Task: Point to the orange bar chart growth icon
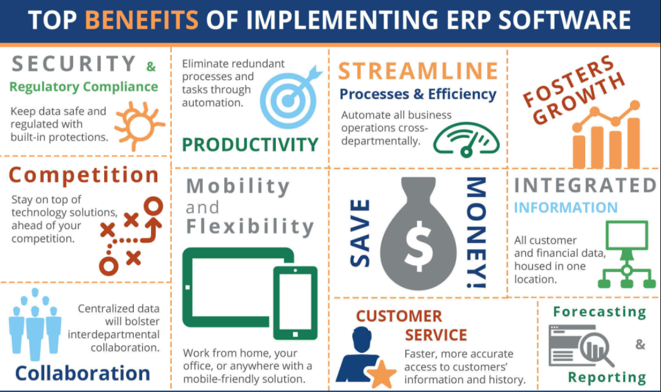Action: tap(604, 136)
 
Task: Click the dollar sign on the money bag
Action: tap(419, 243)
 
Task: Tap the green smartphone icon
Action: tap(295, 302)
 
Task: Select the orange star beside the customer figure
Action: tap(381, 375)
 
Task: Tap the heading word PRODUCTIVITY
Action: tap(250, 145)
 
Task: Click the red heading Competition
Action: tap(84, 175)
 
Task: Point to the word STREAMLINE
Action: tap(418, 71)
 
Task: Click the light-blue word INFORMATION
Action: tap(565, 207)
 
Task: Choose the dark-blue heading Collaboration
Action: tap(83, 373)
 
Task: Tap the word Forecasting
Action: tap(599, 311)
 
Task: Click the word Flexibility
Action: tap(249, 227)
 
